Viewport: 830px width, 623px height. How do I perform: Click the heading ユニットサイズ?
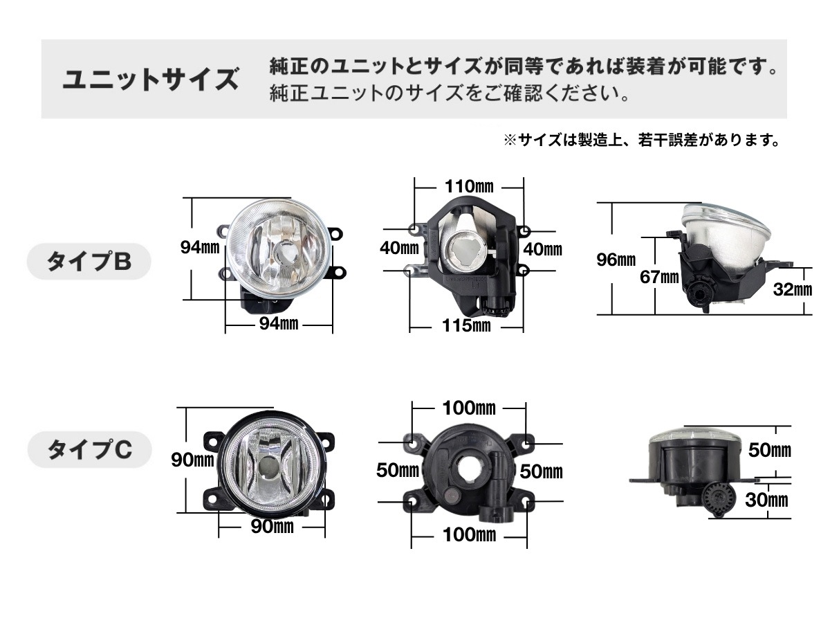(x=151, y=80)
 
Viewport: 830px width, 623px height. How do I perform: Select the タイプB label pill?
(x=89, y=262)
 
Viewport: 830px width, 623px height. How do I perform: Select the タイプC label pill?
(x=90, y=449)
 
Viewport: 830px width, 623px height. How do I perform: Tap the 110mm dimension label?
(x=469, y=186)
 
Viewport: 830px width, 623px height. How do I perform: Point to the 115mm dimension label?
(x=466, y=325)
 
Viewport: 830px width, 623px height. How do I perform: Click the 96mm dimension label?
(x=616, y=260)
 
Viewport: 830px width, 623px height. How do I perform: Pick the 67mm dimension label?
(x=659, y=278)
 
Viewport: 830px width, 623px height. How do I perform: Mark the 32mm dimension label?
(x=793, y=289)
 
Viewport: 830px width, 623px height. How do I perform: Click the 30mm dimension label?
(x=766, y=500)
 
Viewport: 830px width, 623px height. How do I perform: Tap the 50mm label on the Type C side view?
(x=770, y=450)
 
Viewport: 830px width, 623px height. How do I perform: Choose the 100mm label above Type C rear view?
(x=469, y=408)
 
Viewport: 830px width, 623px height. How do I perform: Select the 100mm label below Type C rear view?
(x=469, y=535)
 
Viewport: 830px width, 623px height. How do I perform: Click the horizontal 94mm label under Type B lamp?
(x=279, y=323)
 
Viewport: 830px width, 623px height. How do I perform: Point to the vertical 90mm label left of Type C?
(x=192, y=460)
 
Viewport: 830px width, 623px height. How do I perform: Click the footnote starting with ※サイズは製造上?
(x=641, y=141)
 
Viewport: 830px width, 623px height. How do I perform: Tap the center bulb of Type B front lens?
(x=283, y=251)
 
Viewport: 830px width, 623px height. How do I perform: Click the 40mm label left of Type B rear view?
(x=399, y=248)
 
